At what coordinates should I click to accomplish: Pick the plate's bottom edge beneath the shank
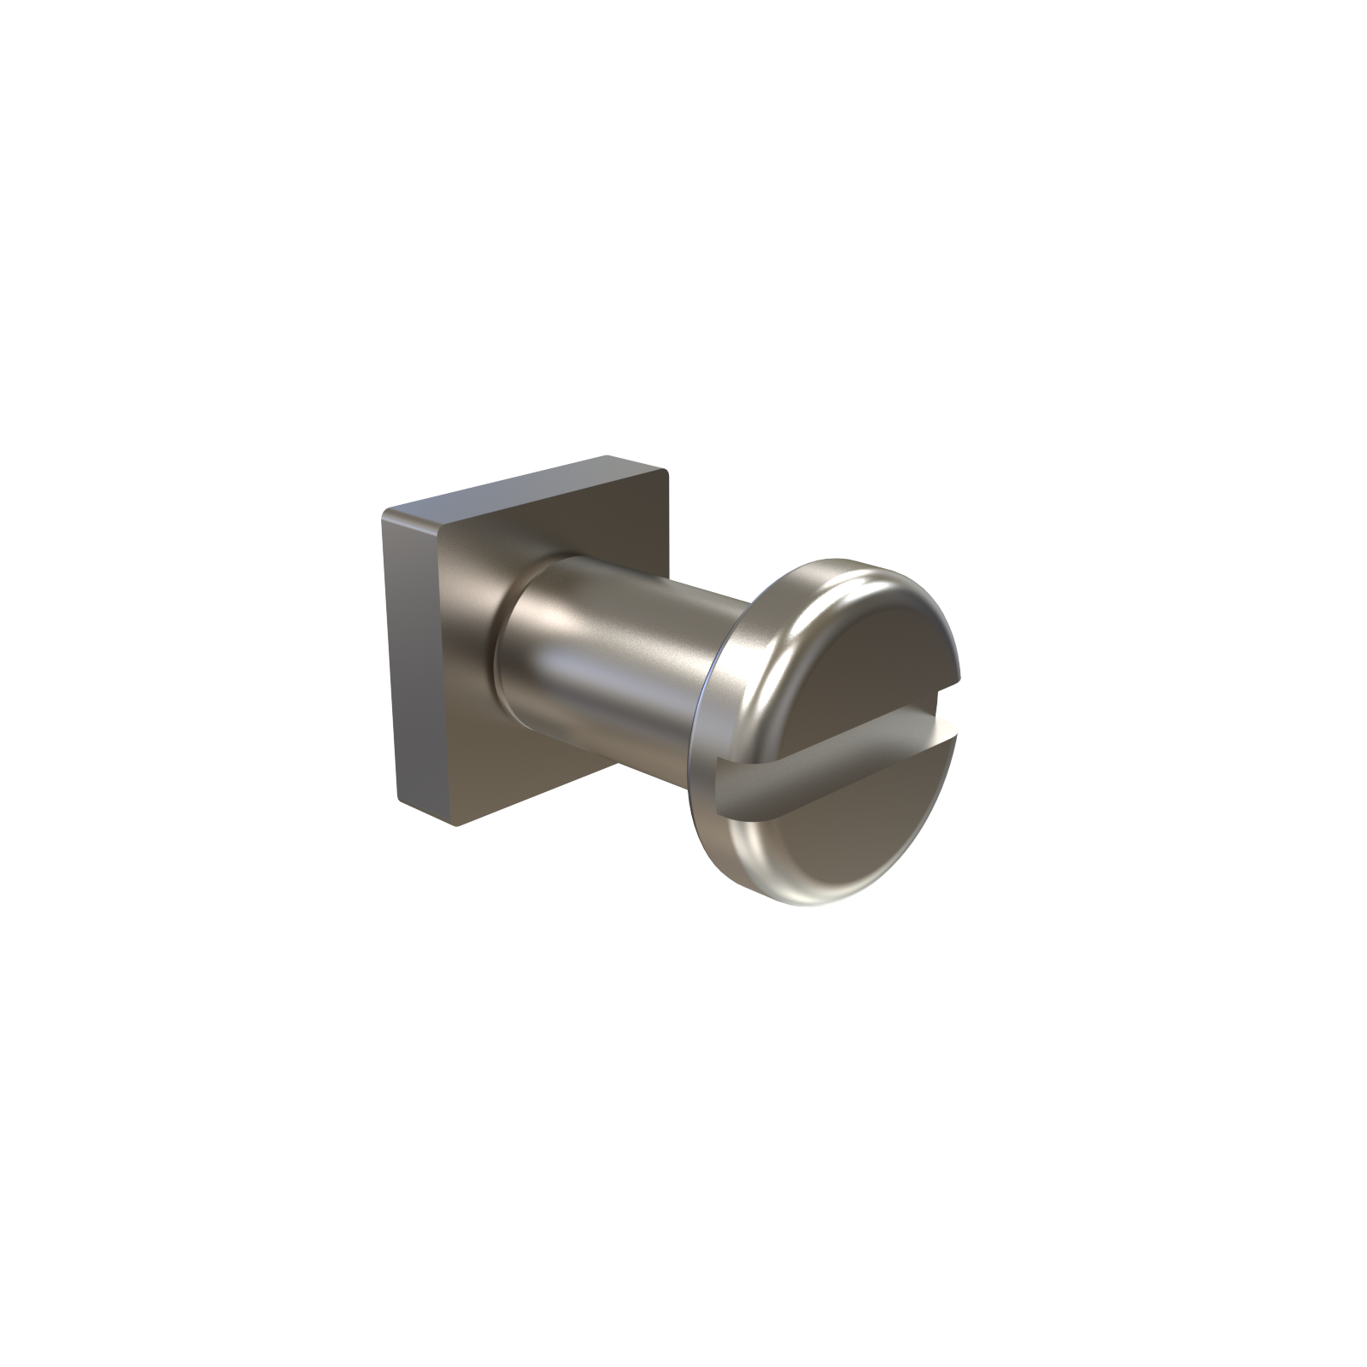click(547, 786)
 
